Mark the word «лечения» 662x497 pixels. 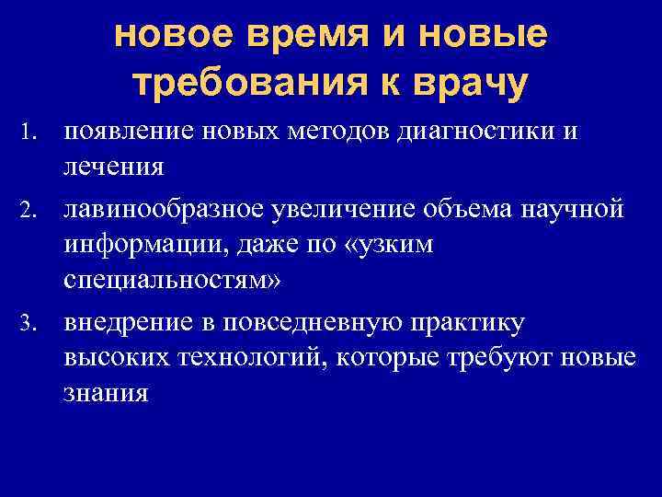pos(114,168)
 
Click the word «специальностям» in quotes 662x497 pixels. pos(165,280)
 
